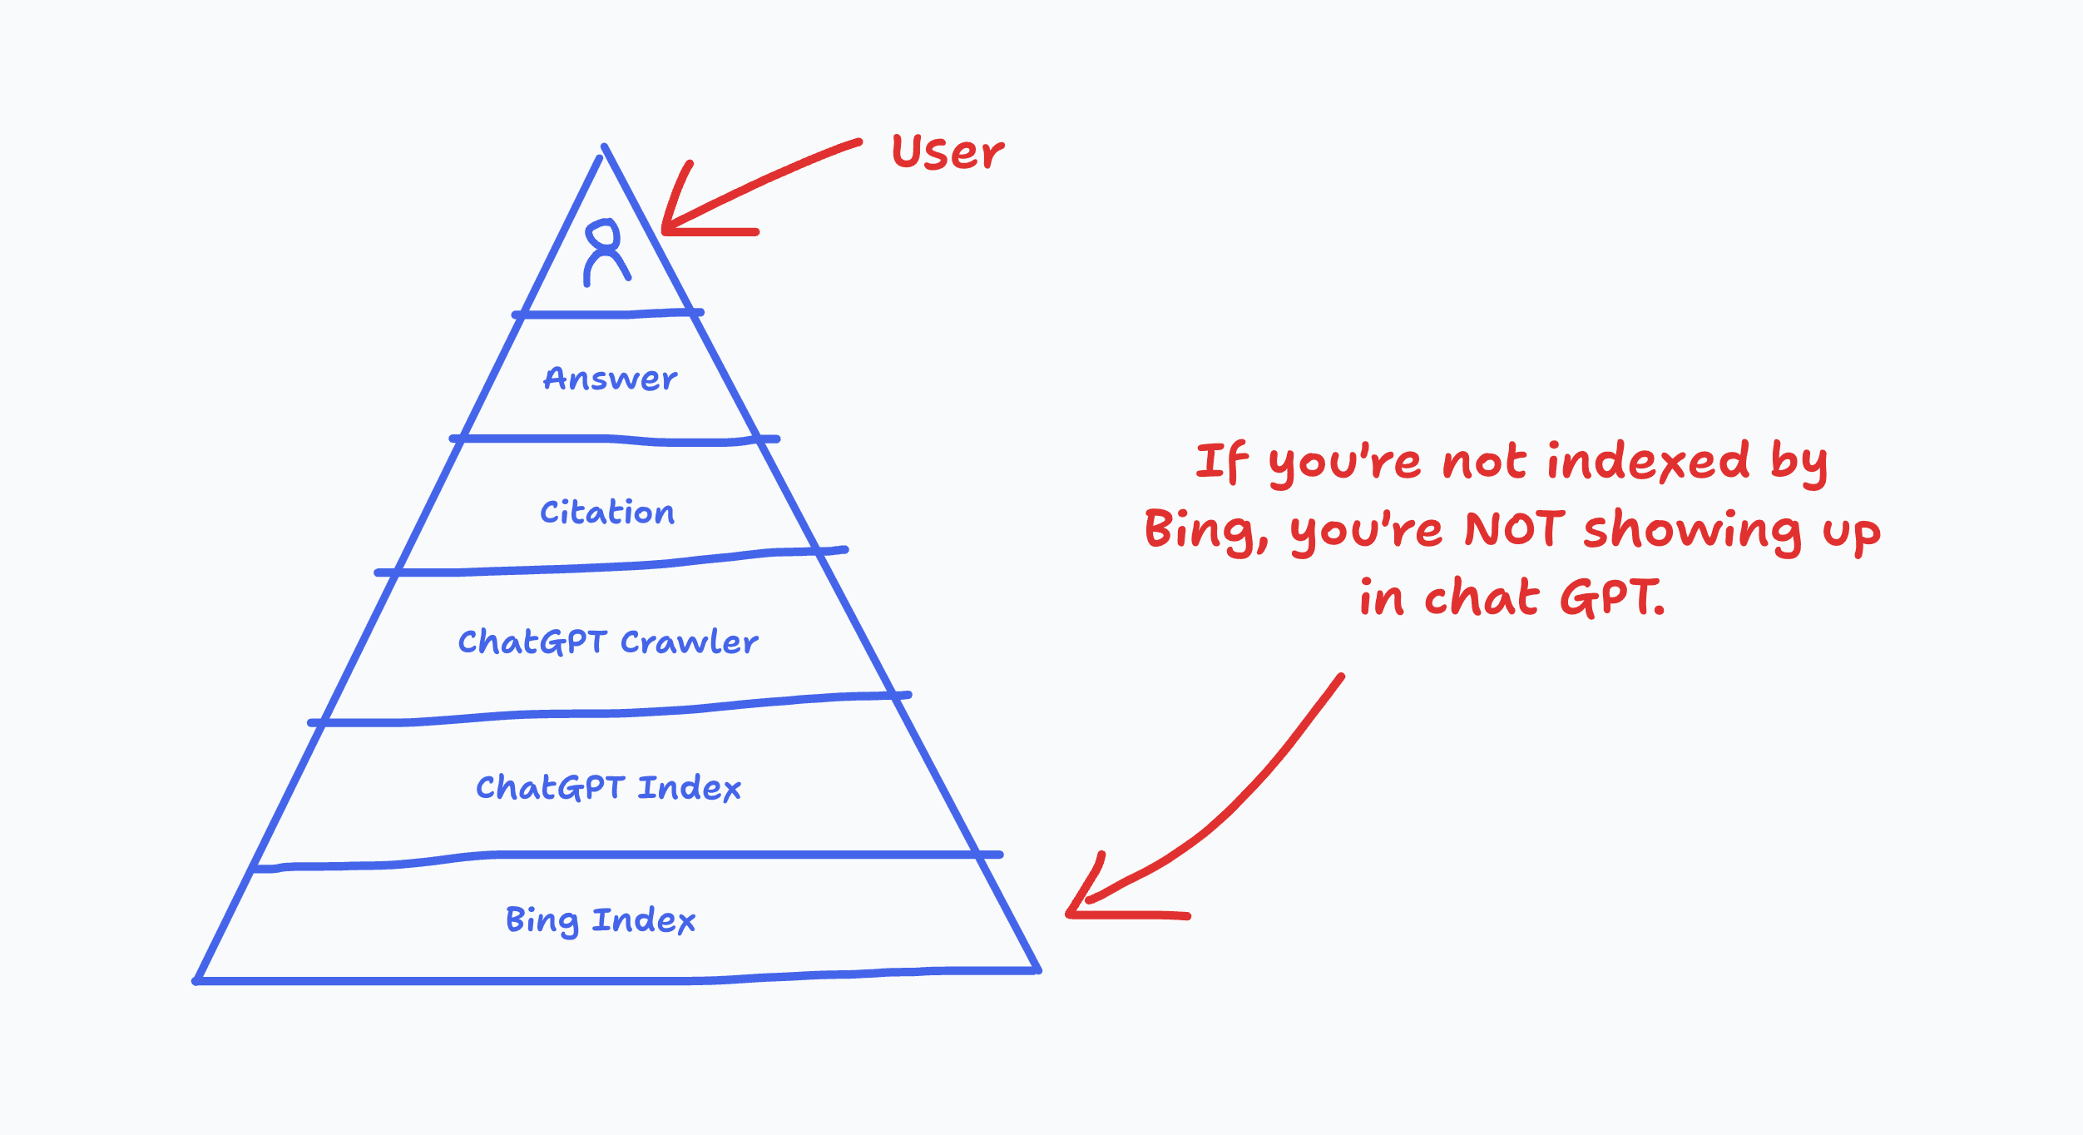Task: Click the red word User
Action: coord(947,153)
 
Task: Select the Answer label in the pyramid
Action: coord(610,379)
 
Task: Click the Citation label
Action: coord(607,512)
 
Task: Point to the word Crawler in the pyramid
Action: coord(690,642)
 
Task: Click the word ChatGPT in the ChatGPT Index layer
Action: coord(550,787)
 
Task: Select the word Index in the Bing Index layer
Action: coord(644,920)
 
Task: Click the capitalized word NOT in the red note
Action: coord(1514,529)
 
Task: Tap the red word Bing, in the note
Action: coord(1205,530)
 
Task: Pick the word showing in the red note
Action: coord(1692,531)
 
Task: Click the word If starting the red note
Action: coord(1222,462)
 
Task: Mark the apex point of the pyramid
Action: coord(605,147)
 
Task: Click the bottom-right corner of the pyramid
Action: coord(1037,970)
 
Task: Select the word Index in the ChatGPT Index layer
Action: coord(690,787)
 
